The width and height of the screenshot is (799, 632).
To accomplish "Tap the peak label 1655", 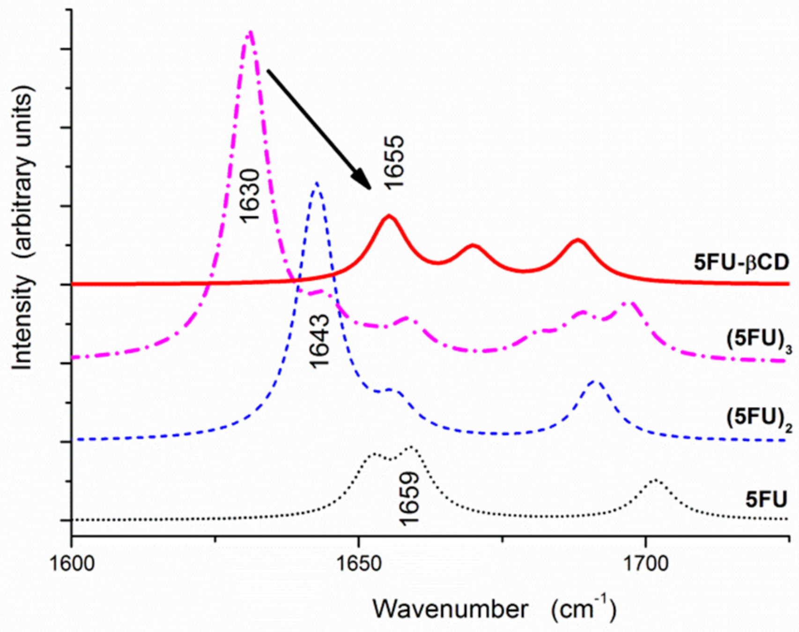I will pyautogui.click(x=393, y=162).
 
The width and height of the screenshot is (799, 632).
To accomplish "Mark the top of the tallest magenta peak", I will pyautogui.click(x=250, y=32).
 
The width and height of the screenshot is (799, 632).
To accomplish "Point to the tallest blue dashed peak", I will pyautogui.click(x=317, y=183).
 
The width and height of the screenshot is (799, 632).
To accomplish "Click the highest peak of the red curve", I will pyautogui.click(x=389, y=216).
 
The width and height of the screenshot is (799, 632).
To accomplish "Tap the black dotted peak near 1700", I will pyautogui.click(x=655, y=480).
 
